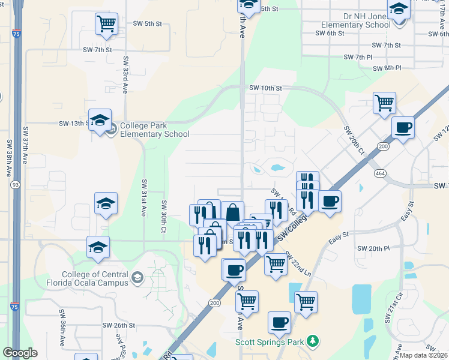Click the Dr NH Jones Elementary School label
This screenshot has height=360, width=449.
(x=356, y=20)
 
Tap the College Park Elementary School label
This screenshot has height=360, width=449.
(x=154, y=130)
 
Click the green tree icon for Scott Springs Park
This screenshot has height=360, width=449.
(x=312, y=341)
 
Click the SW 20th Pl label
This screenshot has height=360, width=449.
(x=373, y=248)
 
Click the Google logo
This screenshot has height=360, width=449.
(x=20, y=353)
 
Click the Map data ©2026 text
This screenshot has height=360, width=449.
(x=424, y=355)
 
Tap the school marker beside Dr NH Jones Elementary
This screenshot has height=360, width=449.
(x=399, y=10)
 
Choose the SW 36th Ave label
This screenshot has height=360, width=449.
(x=62, y=329)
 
